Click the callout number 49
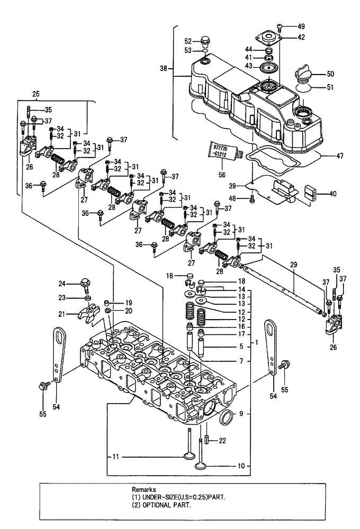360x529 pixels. tap(301, 26)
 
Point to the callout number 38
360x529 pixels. tap(164, 68)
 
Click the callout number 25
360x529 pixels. tap(36, 94)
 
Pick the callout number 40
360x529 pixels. tap(332, 194)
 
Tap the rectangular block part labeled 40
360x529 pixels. tap(311, 192)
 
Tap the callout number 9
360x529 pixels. tap(242, 415)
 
